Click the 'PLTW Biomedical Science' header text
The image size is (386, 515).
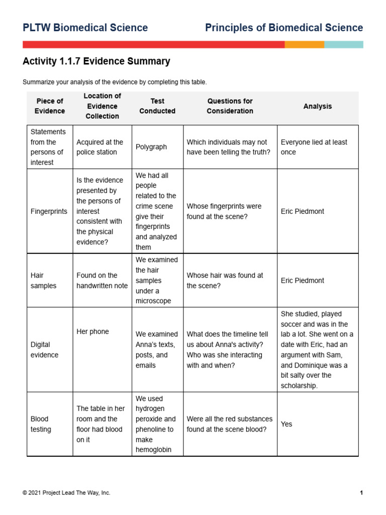click(85, 28)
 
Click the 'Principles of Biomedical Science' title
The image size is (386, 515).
click(283, 28)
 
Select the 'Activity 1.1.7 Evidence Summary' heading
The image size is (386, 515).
click(96, 61)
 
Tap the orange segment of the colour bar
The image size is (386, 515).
click(304, 45)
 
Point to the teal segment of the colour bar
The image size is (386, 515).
click(343, 45)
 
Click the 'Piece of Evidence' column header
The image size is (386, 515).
click(50, 106)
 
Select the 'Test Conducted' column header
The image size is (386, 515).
click(157, 106)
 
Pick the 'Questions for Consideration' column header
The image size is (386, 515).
click(230, 106)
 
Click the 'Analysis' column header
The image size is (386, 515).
click(318, 106)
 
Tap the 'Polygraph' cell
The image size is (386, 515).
click(151, 147)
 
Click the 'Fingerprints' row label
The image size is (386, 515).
click(49, 211)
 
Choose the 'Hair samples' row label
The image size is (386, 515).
click(44, 281)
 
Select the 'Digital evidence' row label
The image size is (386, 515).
click(44, 350)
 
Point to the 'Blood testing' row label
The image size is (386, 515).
click(41, 424)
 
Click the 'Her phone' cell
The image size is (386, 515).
click(92, 331)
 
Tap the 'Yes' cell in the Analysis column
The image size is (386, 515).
click(286, 424)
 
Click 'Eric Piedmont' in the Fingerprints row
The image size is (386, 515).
click(303, 211)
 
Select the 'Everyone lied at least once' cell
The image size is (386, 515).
click(314, 147)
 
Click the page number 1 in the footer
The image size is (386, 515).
click(361, 493)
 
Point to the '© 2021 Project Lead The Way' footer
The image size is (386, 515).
click(66, 493)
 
